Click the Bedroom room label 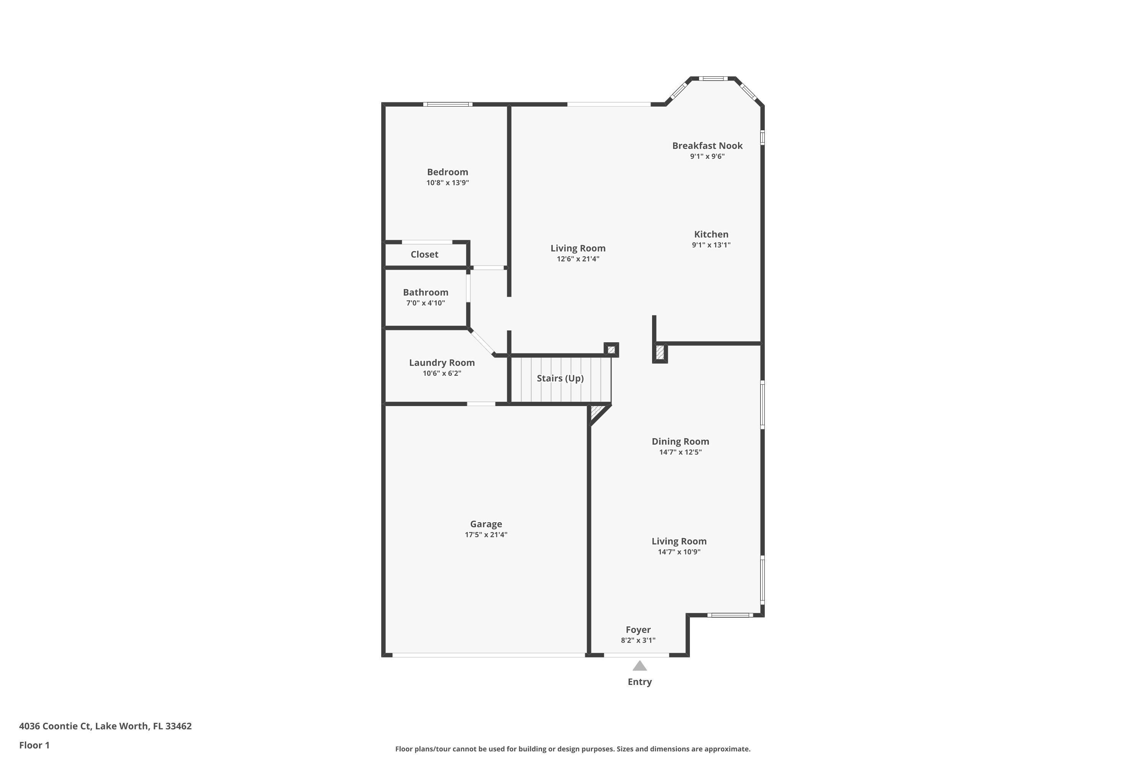coord(447,172)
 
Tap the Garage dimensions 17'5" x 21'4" coord(486,534)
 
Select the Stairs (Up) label coord(560,378)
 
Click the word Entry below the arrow coord(639,681)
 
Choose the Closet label coord(424,254)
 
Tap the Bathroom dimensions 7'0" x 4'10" coord(426,303)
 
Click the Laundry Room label coord(442,363)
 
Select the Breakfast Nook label coord(707,146)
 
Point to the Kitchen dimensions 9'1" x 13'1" coord(711,245)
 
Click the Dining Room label coord(680,442)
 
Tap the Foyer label coord(638,630)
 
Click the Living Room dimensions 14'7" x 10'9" coord(679,552)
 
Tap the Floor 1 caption coord(34,745)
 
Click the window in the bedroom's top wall coord(447,104)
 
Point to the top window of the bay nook coord(713,78)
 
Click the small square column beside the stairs coord(611,350)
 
